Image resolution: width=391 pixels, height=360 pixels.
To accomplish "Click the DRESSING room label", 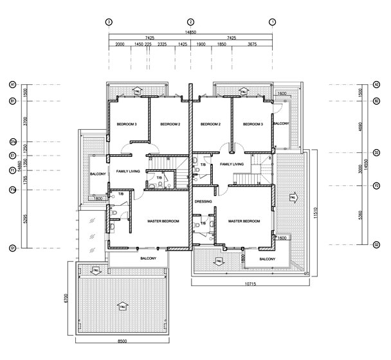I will pos(204,201).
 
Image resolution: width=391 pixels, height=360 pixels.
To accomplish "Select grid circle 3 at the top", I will pos(109,22).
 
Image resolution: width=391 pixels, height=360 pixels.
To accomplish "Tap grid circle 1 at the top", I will pos(273,22).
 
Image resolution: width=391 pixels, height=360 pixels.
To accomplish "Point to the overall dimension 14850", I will pos(191,32).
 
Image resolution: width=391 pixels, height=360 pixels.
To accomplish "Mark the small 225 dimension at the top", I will pos(148,44).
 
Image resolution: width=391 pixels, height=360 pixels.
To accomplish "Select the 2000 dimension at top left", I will pos(120,44).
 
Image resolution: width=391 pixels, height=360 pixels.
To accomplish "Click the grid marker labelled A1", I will pos(12,84).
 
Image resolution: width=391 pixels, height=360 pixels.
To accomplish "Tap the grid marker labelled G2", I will pos(376,245).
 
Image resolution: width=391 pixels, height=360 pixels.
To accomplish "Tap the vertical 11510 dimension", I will pos(316,212).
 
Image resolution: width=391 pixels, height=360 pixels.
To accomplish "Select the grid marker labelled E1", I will pos(12,156).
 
